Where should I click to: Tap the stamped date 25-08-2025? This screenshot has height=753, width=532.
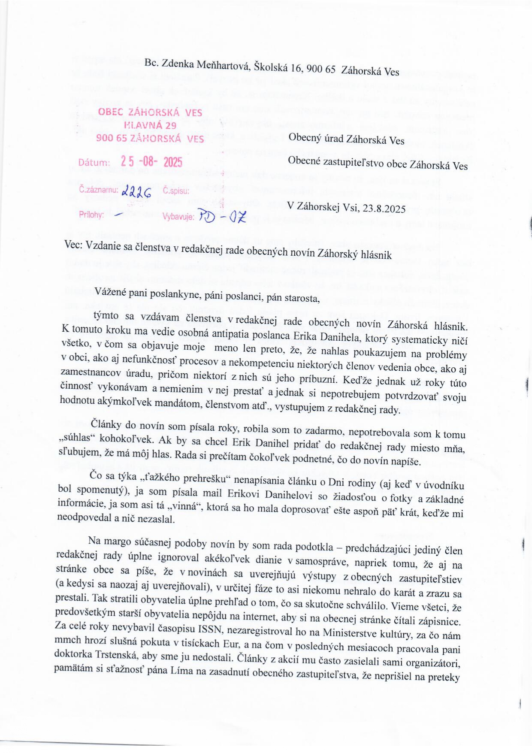[x=151, y=162]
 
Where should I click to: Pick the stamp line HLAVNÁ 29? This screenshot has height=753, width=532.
[x=150, y=125]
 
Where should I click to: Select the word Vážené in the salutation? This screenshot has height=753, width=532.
[x=111, y=292]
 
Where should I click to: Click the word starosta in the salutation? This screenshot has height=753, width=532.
[x=302, y=298]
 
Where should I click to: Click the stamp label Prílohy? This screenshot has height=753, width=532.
[x=91, y=215]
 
